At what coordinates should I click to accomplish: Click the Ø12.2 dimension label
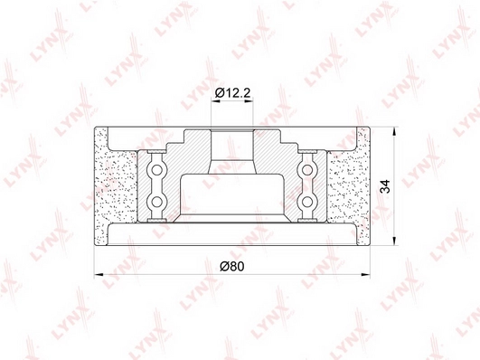coord(232,92)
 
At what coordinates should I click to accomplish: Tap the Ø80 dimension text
coord(232,266)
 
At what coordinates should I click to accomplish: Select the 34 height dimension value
coord(385,186)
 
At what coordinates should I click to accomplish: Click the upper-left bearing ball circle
coord(156,169)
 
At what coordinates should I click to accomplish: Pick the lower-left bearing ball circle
coord(156,202)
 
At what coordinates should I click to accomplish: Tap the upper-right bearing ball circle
coord(307,169)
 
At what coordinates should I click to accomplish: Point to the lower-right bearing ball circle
coord(307,202)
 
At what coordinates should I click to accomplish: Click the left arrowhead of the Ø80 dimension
coord(99,274)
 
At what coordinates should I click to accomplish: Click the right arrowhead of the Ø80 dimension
coord(365,274)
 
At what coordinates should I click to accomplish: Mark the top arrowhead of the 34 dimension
coord(395,131)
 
